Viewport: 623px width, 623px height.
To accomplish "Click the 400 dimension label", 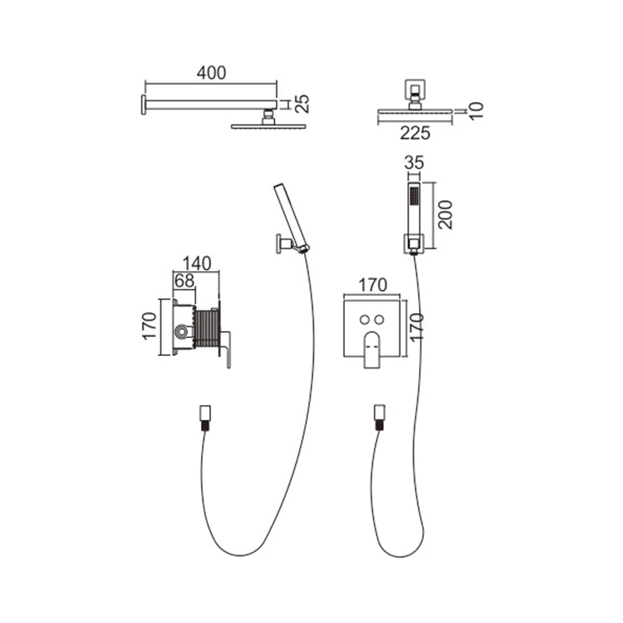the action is pyautogui.click(x=211, y=72).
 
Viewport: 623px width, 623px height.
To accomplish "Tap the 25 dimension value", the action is pyautogui.click(x=303, y=104).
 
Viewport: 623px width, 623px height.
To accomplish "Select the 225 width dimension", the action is pyautogui.click(x=415, y=133).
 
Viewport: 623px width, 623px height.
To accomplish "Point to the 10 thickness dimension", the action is pyautogui.click(x=477, y=111).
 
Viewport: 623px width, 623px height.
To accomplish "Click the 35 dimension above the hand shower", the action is pyautogui.click(x=414, y=163).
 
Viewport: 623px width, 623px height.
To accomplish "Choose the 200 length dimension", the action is pyautogui.click(x=445, y=215).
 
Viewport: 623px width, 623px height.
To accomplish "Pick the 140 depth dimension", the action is pyautogui.click(x=197, y=263).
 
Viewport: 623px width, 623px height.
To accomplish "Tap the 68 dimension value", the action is pyautogui.click(x=185, y=281).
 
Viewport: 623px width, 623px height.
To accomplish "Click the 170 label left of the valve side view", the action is pyautogui.click(x=150, y=326).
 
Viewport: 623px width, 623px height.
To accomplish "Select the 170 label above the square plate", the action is pyautogui.click(x=373, y=285).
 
